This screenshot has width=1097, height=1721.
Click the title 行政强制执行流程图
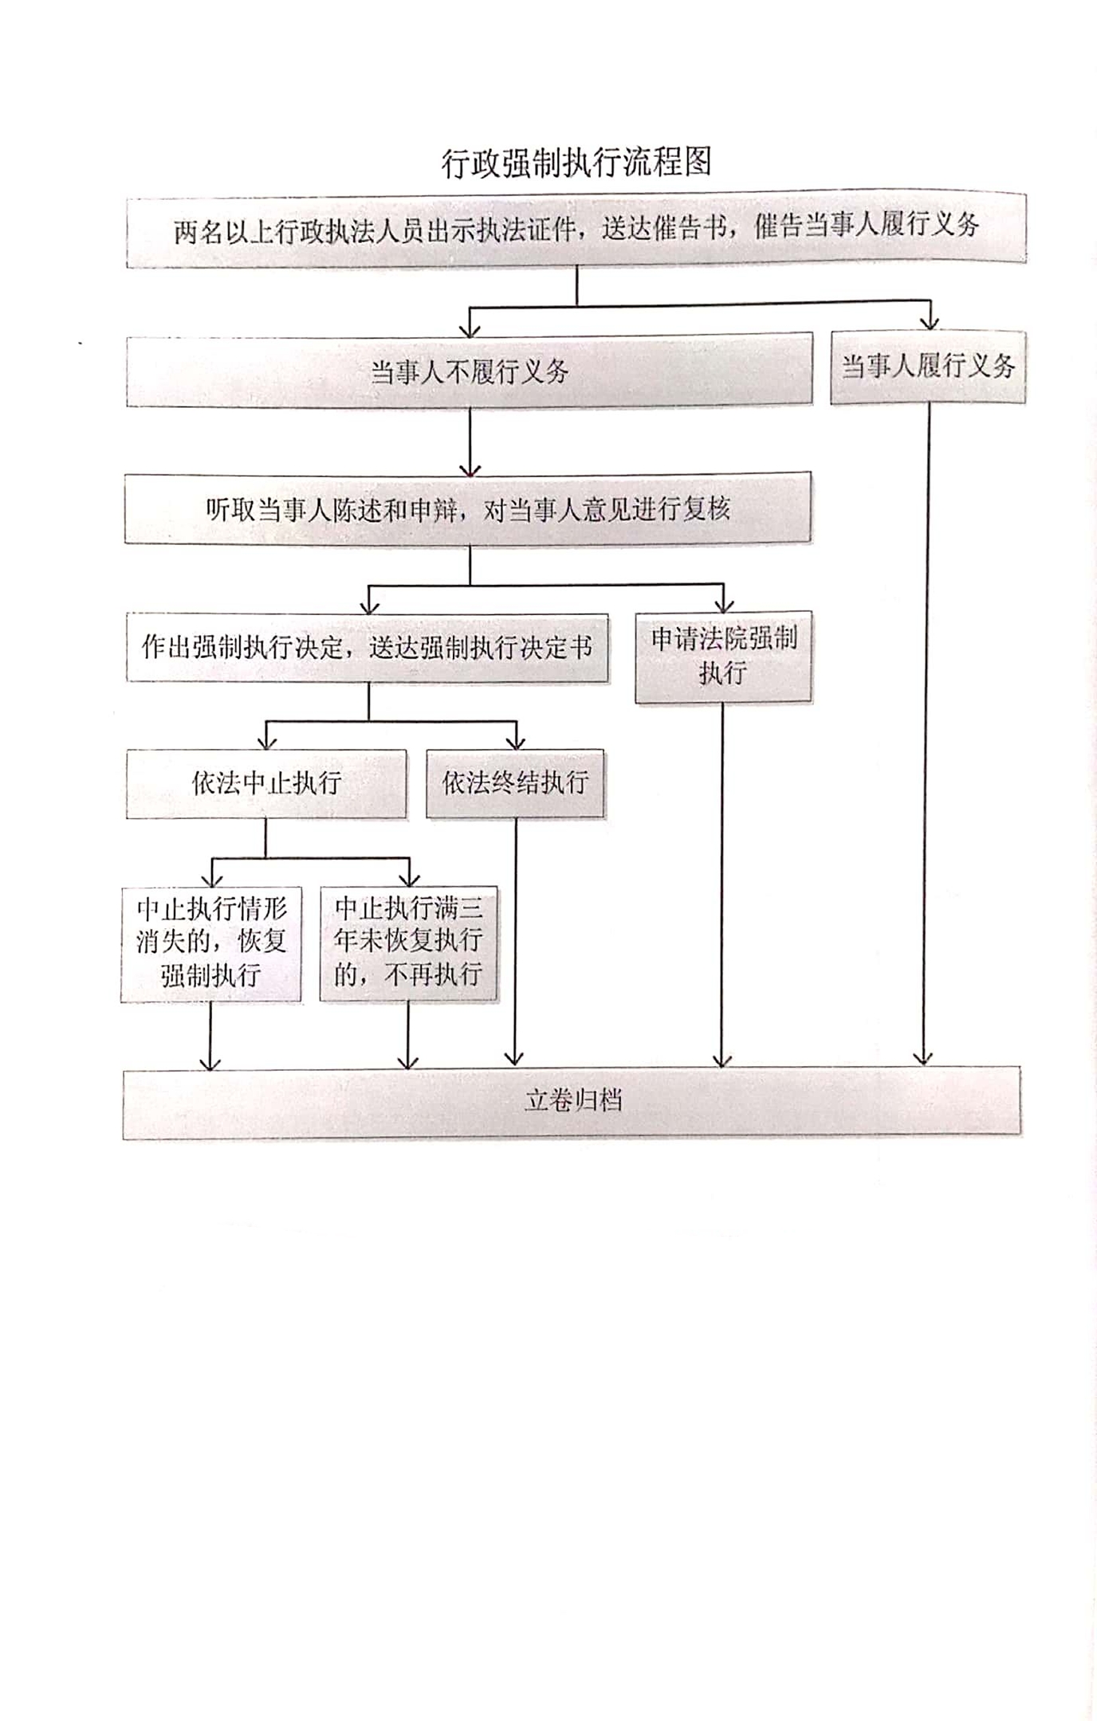point(576,163)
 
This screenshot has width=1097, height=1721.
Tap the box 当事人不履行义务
point(470,371)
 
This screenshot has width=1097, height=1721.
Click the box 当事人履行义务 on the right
point(928,367)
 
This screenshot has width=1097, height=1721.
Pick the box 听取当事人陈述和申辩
point(468,509)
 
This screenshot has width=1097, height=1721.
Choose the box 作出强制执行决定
point(368,647)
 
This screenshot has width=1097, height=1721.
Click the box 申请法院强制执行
point(723,657)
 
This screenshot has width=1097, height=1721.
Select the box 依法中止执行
point(266,783)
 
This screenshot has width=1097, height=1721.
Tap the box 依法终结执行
point(515,783)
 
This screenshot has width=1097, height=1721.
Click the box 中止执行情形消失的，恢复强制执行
point(211,943)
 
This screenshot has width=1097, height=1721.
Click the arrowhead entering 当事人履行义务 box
point(930,322)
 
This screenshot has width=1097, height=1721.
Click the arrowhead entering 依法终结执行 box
point(517,742)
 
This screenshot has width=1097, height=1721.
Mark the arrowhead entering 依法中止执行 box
point(267,742)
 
